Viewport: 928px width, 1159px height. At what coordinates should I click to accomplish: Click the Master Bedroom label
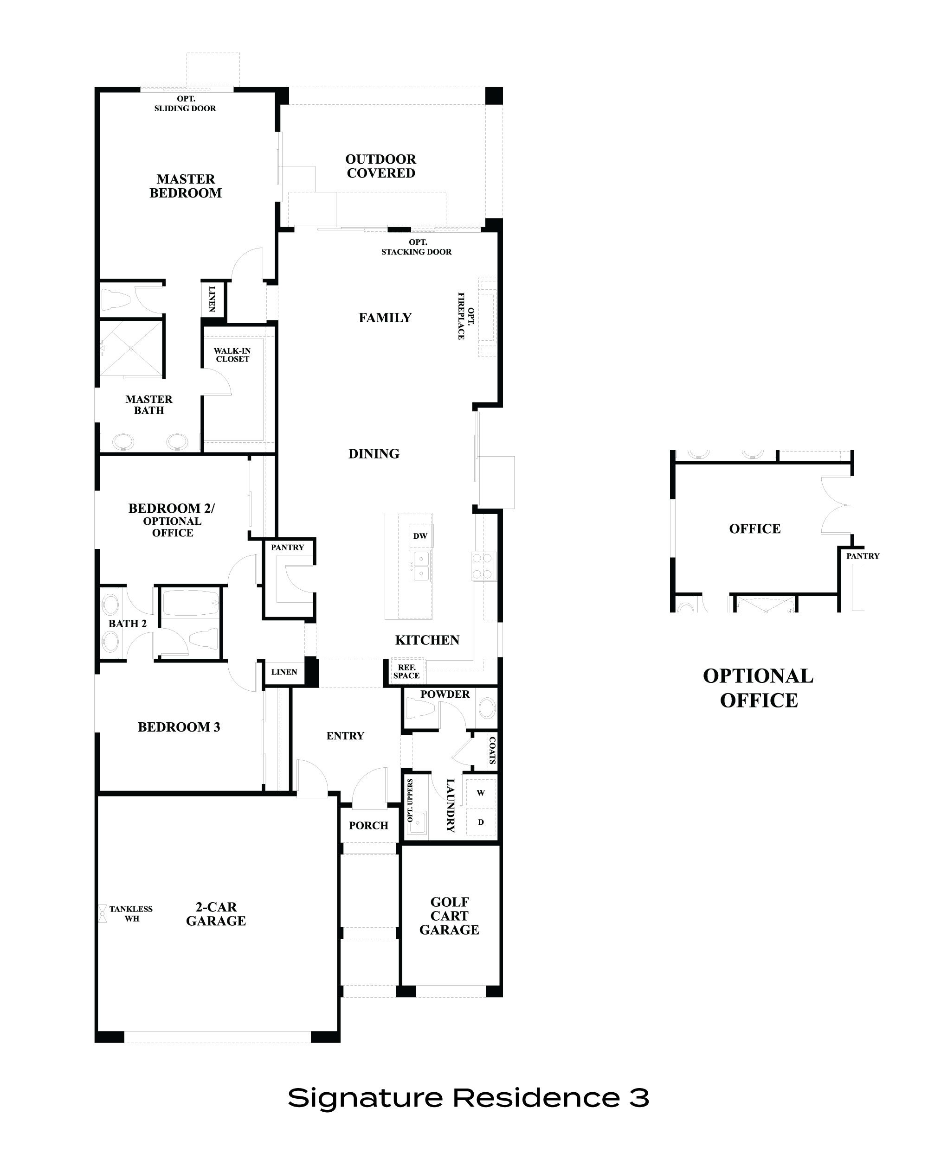click(186, 186)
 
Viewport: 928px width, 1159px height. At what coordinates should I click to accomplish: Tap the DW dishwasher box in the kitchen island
click(420, 536)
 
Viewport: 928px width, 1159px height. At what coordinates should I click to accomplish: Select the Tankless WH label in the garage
click(131, 914)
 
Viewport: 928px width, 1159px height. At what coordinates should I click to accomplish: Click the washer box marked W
click(480, 793)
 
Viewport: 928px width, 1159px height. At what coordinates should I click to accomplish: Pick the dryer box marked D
click(480, 822)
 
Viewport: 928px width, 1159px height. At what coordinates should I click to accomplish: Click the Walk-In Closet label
click(232, 355)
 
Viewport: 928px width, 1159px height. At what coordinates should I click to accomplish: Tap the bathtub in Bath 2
click(191, 603)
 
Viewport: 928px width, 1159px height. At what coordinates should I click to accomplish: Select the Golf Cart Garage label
click(449, 916)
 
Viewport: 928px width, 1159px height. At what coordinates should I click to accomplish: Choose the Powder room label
click(445, 694)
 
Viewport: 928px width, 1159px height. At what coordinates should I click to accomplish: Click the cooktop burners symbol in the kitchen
click(483, 566)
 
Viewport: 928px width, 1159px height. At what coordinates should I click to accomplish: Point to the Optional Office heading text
click(758, 688)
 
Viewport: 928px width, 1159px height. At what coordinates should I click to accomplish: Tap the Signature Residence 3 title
click(468, 1098)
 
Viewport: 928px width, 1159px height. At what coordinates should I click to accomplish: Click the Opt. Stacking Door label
click(416, 247)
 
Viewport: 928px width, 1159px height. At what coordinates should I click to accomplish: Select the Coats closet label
click(492, 751)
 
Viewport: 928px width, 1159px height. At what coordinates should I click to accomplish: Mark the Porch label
click(368, 826)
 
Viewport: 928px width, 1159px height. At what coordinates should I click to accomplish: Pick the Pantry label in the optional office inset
click(863, 556)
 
